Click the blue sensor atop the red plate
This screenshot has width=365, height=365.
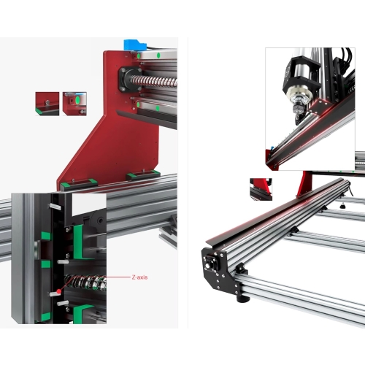coord(135,45)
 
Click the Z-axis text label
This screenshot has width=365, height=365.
coord(139,277)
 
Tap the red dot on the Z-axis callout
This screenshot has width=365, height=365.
coord(59,291)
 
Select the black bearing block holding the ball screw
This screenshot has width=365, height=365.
coord(130,80)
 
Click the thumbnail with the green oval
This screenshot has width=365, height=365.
coord(74,104)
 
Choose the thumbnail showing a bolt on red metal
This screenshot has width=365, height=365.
coord(47,104)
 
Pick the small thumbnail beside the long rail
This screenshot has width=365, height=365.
coord(261,189)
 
